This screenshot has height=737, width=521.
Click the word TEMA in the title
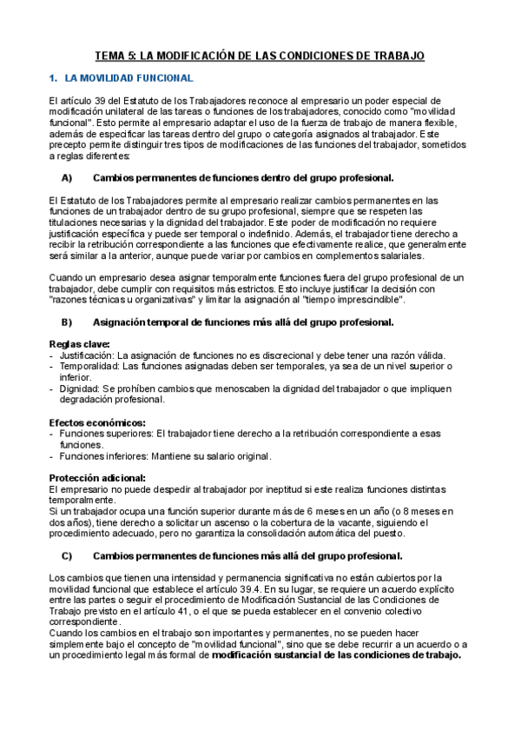pos(111,56)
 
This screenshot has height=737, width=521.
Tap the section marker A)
pos(67,178)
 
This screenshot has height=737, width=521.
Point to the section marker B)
pos(67,322)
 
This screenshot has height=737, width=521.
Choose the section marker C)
pos(67,555)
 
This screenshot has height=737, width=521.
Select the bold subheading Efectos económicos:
pos(97,422)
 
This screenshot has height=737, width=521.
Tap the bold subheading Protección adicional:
pos(97,478)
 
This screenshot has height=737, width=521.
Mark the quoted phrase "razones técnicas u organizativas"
pos(124,300)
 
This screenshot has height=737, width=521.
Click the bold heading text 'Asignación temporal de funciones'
pos(165,322)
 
